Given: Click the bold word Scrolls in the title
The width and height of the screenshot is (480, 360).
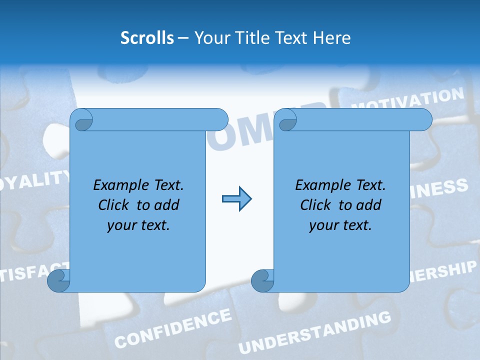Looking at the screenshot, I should point(147,38).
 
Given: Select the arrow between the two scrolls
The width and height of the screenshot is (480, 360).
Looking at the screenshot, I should point(236,199).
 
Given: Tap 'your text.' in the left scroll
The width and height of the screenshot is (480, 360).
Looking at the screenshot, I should point(138,225).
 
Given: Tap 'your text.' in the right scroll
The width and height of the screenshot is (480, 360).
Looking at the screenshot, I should point(340,225).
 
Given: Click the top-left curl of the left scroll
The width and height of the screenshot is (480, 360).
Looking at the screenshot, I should point(83,120).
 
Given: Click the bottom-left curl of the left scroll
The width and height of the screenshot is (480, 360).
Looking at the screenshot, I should point(58,280).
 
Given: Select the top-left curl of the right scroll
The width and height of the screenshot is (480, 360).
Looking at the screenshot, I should point(287,120).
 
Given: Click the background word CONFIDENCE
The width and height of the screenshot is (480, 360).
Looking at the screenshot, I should point(173,328).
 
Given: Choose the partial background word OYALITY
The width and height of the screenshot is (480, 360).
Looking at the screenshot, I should point(34,181).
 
